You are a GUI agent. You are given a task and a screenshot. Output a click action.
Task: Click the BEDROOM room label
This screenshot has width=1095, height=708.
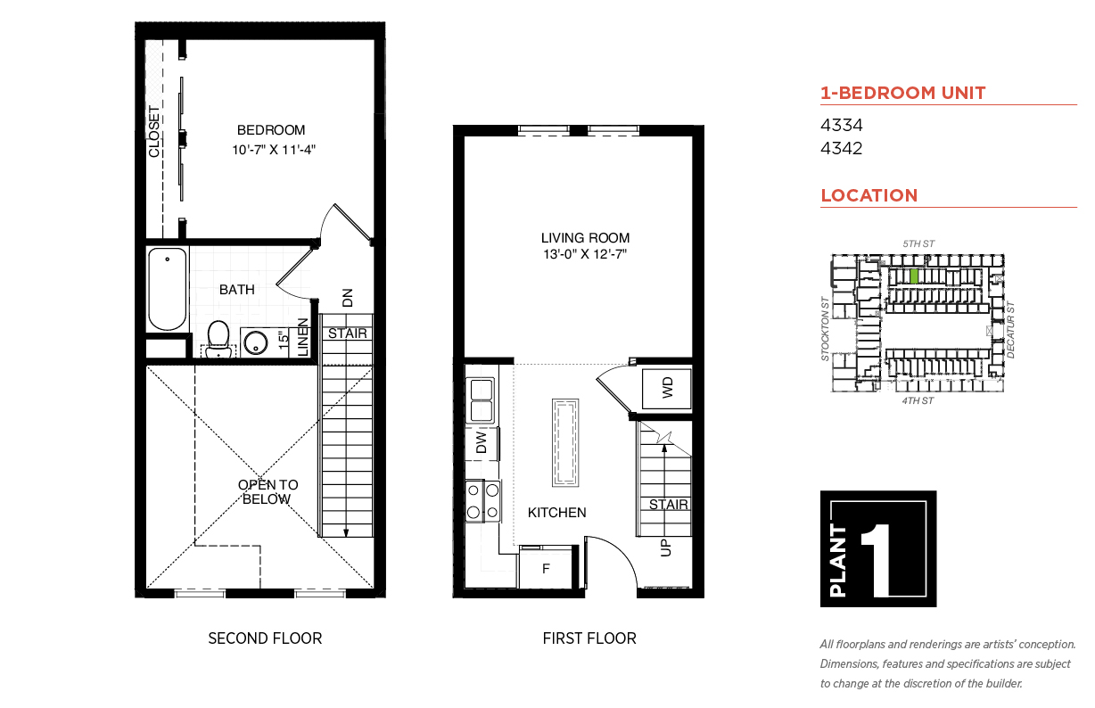point(271,130)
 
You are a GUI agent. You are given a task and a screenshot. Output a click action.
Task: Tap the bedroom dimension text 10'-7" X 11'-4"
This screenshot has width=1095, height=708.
point(274,150)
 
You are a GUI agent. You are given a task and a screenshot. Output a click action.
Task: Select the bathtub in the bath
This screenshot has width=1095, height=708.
point(167,289)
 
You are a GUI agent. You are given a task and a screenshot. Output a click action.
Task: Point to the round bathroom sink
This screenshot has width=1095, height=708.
point(256,342)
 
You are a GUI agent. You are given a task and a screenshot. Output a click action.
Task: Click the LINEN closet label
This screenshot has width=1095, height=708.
point(303,337)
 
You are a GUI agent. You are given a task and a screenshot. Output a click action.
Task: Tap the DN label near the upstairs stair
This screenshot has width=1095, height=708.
point(347,298)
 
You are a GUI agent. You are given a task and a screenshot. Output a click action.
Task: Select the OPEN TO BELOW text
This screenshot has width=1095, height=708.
point(268,492)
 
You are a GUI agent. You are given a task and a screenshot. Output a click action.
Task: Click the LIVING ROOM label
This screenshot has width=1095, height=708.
point(585,237)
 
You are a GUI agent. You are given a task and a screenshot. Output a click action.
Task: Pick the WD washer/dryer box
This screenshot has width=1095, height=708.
point(667,389)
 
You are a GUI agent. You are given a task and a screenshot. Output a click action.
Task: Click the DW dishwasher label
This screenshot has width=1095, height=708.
point(482,442)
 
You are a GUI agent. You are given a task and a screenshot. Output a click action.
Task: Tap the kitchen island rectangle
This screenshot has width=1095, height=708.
point(565,443)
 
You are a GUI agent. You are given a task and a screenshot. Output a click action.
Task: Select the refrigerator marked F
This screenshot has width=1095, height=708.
point(546,568)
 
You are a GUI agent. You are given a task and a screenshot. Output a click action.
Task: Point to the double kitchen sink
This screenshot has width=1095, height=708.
point(481,400)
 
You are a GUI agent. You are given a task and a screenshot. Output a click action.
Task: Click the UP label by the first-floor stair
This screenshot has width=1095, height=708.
point(666,547)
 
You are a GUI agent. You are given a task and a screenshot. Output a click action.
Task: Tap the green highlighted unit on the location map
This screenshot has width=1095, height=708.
point(914,276)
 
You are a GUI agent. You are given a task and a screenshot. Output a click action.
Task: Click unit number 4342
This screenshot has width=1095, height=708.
point(841,148)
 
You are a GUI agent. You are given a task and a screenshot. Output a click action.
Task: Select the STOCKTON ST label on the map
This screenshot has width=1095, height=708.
point(826,329)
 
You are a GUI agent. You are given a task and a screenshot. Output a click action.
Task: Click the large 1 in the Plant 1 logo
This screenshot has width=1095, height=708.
point(877,560)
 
